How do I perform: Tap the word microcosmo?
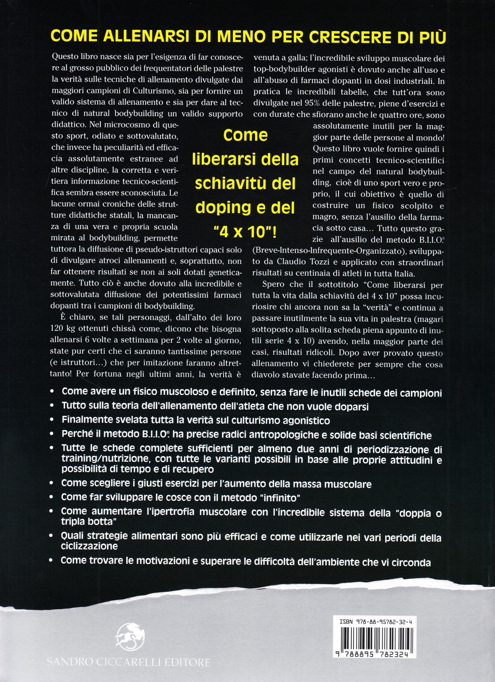[125, 126]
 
